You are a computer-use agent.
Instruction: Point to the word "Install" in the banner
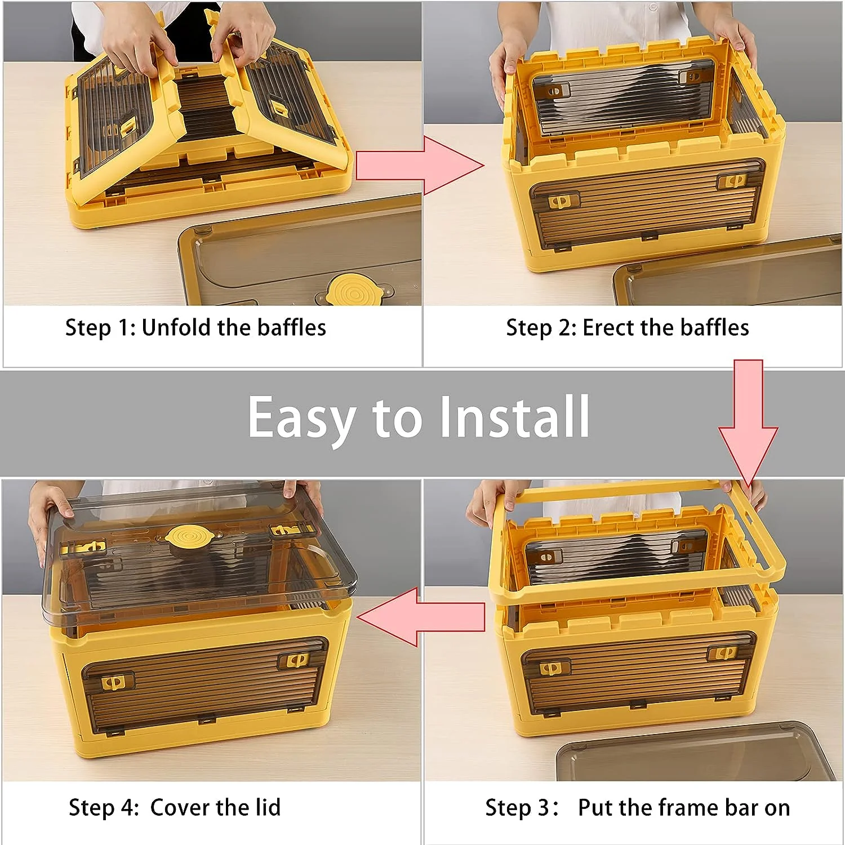[x=514, y=416]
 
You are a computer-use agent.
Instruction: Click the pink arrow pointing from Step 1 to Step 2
[x=420, y=166]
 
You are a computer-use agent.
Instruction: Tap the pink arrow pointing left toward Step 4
[x=421, y=617]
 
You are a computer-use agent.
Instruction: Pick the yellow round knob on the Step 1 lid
[x=354, y=292]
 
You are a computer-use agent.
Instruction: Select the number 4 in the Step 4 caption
[x=129, y=808]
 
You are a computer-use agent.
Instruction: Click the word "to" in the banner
[x=397, y=419]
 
